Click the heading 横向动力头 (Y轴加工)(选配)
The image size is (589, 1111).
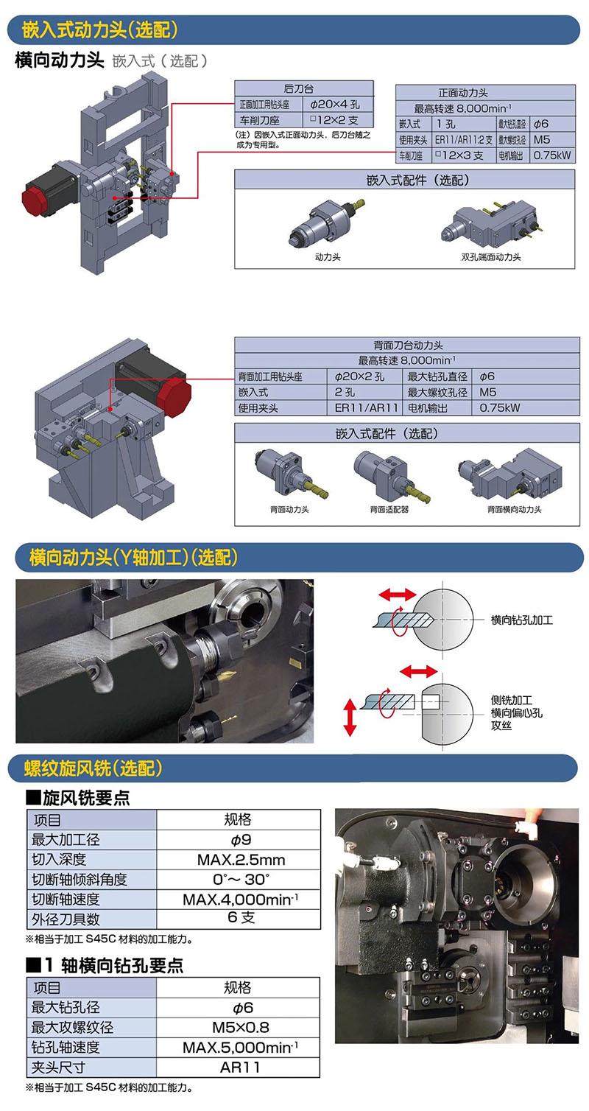(x=133, y=558)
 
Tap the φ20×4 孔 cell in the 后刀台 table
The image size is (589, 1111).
(x=335, y=104)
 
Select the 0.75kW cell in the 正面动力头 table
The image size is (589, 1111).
(x=551, y=155)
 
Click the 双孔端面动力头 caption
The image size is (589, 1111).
(x=490, y=257)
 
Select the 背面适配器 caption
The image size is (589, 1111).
(x=389, y=509)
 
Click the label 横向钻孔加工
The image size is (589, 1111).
(x=521, y=620)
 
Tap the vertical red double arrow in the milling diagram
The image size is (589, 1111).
(x=350, y=717)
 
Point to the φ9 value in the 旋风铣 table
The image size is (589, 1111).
(x=241, y=840)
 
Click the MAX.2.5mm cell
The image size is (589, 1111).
(x=241, y=860)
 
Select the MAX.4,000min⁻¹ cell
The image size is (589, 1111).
(x=241, y=900)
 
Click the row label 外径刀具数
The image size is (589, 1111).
(x=66, y=919)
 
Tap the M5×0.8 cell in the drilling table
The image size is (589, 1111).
(x=241, y=1027)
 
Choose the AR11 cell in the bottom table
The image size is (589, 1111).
(x=240, y=1067)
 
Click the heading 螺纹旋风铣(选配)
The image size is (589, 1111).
(x=93, y=768)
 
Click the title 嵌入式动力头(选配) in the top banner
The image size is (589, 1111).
(x=99, y=29)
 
